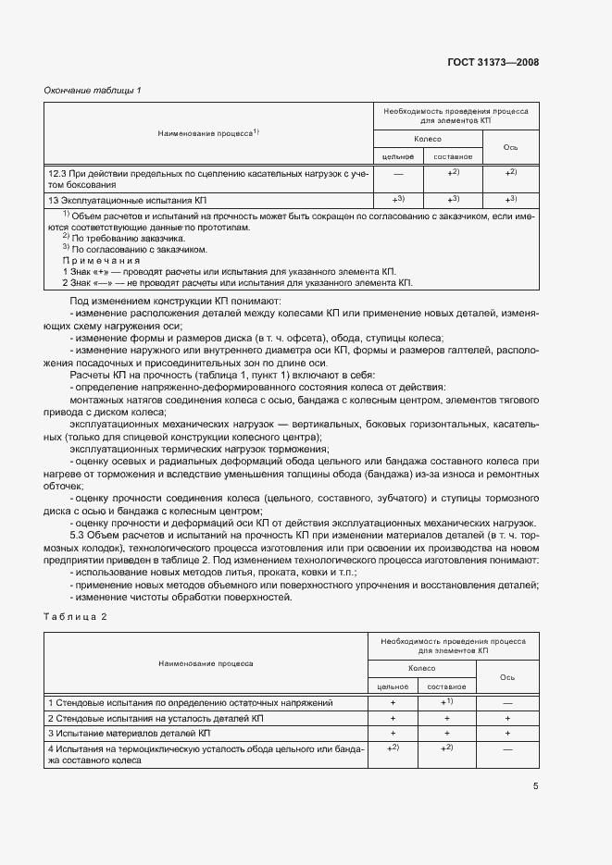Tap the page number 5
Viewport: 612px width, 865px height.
[x=535, y=786]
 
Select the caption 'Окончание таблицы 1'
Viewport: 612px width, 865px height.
[x=93, y=90]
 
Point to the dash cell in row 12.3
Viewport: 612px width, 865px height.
[x=397, y=173]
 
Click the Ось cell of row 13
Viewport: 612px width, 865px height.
[x=510, y=199]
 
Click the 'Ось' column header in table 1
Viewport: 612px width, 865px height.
[x=510, y=147]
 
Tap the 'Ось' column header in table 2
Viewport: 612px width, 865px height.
[x=507, y=676]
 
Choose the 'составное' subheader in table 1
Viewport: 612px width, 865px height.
[x=454, y=156]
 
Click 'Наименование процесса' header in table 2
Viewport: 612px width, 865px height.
[x=206, y=663]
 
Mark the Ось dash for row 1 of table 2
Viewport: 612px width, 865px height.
[x=507, y=703]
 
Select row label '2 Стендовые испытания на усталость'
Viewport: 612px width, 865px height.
[x=156, y=718]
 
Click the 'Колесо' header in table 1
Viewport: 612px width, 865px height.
[x=428, y=138]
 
